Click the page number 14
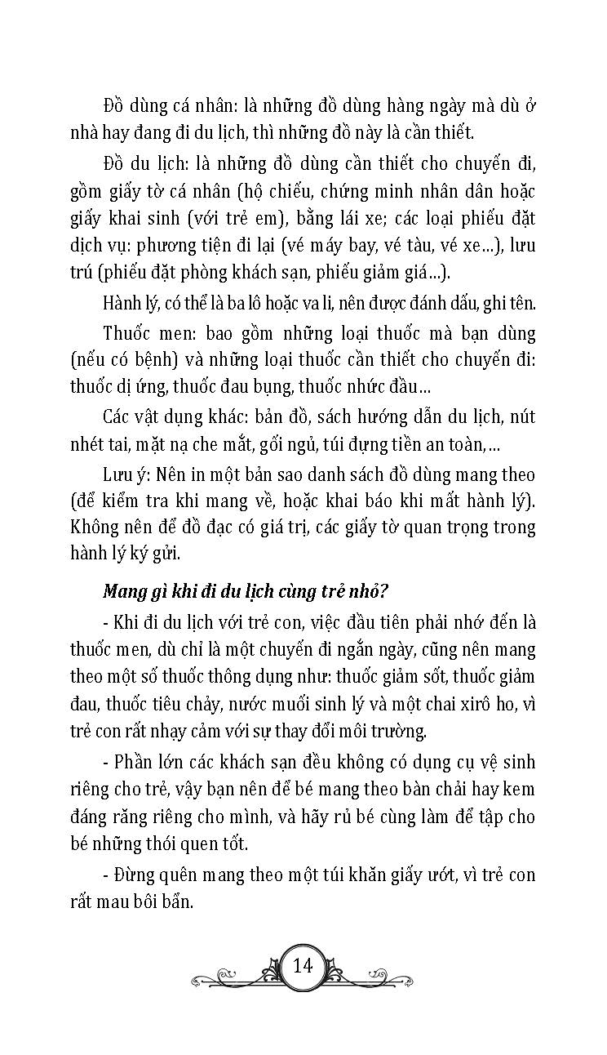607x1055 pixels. tap(303, 966)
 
